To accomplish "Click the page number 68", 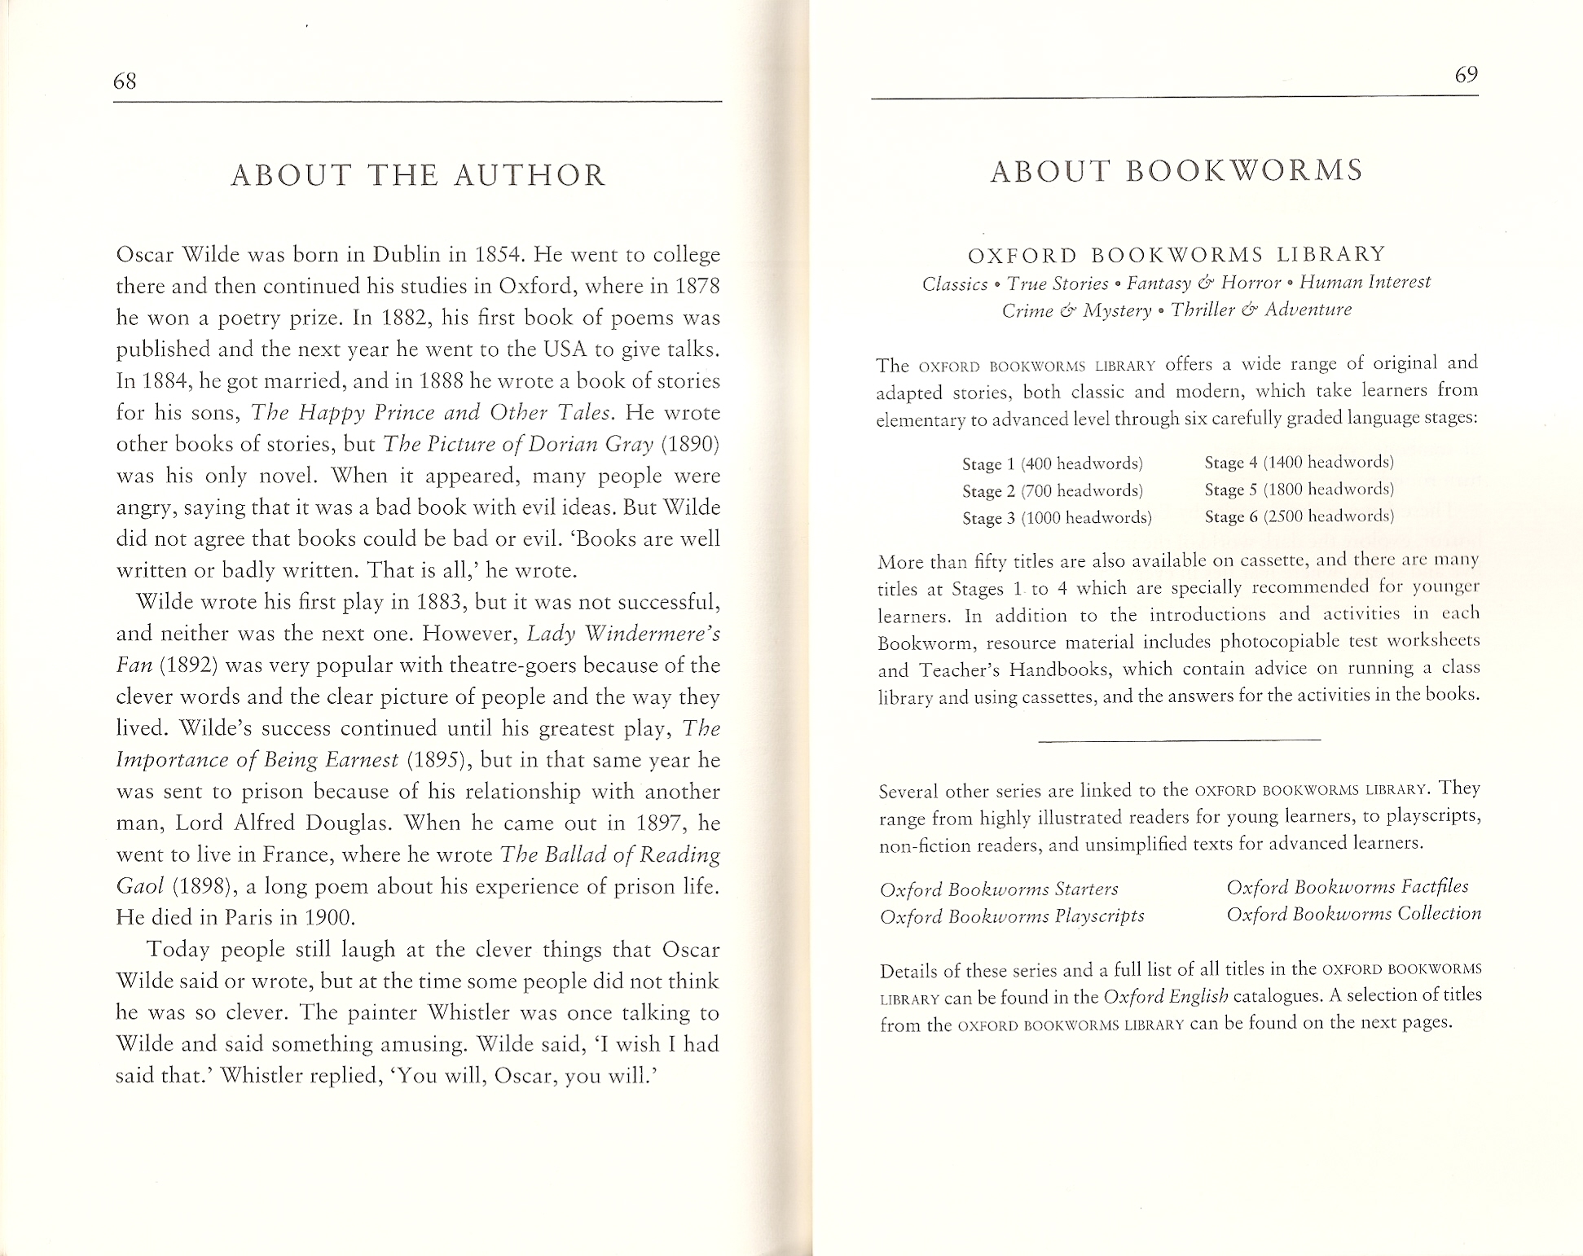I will pyautogui.click(x=125, y=81).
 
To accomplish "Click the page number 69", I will pyautogui.click(x=1466, y=75).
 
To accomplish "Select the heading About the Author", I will pyautogui.click(x=418, y=175).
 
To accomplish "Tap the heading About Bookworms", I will pyautogui.click(x=1176, y=170).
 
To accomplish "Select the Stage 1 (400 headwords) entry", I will pyautogui.click(x=1053, y=464).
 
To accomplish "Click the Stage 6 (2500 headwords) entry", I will pyautogui.click(x=1299, y=516).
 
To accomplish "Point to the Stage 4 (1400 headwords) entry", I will pyautogui.click(x=1299, y=463).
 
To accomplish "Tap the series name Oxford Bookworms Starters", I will pyautogui.click(x=999, y=889).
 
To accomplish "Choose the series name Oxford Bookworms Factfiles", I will pyautogui.click(x=1348, y=886).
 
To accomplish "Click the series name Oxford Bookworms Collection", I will pyautogui.click(x=1354, y=914).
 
